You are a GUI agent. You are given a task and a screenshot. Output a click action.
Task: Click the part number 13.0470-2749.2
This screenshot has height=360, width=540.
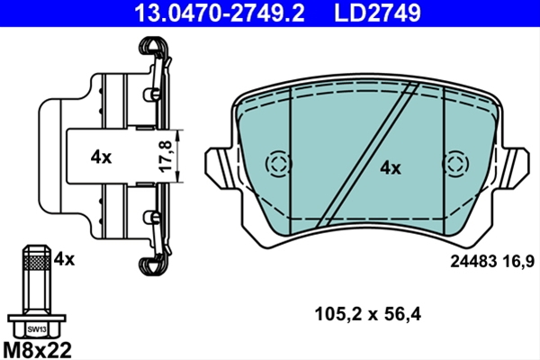tap(220, 13)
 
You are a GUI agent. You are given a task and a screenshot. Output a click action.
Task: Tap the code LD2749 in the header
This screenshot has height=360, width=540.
tap(377, 13)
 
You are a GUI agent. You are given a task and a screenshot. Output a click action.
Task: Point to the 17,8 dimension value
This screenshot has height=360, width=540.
tap(166, 156)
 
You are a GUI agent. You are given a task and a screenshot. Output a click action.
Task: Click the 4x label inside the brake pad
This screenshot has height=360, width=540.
tap(391, 168)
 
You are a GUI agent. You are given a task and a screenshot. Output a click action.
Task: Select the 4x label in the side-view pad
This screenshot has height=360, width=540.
tap(101, 157)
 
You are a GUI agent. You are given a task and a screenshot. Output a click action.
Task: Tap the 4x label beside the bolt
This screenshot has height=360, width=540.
tap(64, 259)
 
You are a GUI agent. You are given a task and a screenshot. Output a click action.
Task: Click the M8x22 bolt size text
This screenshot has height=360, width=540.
tap(37, 350)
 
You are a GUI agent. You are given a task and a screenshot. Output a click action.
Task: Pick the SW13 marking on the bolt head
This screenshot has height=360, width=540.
tap(37, 329)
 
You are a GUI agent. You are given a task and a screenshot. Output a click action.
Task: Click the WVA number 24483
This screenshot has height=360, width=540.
tap(473, 262)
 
